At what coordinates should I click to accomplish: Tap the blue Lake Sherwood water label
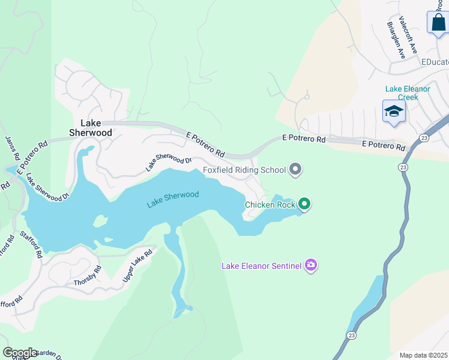coord(172,199)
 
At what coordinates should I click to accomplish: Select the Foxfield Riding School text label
coord(244,170)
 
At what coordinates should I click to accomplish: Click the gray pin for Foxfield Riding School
coord(295,170)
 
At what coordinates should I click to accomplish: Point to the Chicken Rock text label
coord(270,205)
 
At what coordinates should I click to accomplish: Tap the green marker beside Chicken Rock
coord(304,205)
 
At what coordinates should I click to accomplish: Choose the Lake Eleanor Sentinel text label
coord(262,265)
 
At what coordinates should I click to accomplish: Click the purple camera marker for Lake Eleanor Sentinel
coord(310,265)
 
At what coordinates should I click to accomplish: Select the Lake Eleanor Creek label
coord(408,93)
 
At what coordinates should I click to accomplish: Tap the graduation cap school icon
coord(394,111)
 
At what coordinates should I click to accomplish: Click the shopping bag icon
coord(438,22)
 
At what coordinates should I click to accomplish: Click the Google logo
coord(20,353)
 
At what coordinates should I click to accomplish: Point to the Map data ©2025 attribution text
coord(423,355)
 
